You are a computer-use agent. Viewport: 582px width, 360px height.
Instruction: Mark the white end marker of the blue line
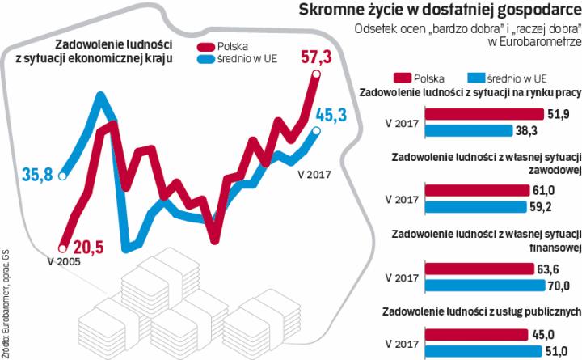[317, 131]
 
